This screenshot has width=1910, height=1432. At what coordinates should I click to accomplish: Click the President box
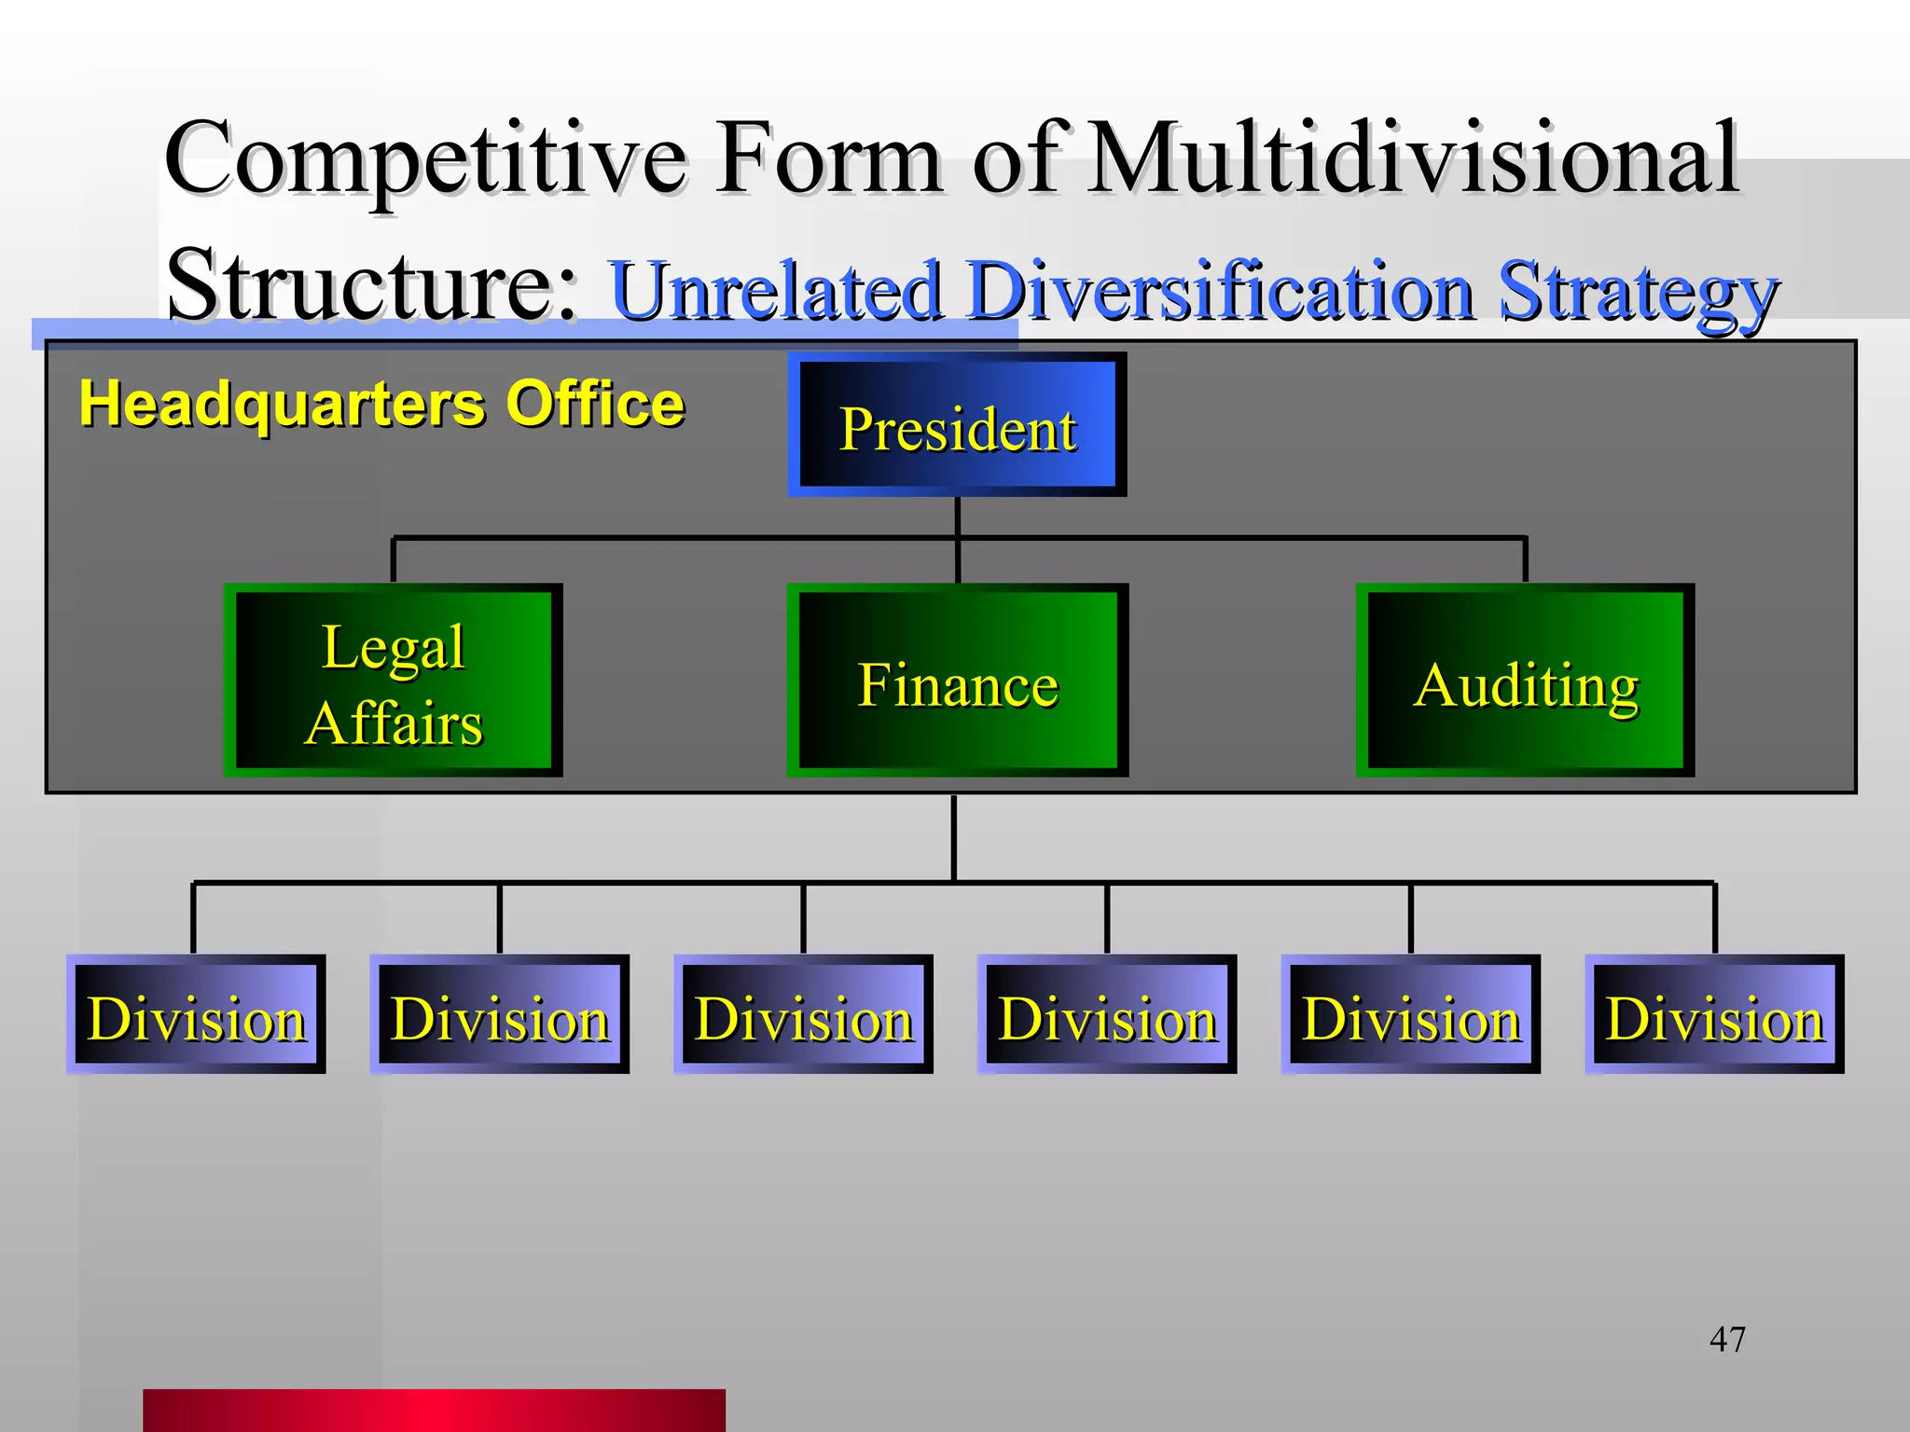coord(957,425)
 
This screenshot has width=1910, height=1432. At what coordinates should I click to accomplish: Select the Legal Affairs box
coord(393,682)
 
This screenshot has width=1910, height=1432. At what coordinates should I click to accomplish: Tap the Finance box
coord(957,682)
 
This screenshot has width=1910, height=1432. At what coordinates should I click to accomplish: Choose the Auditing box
coord(1525,682)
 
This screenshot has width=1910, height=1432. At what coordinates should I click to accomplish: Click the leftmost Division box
coord(196,1014)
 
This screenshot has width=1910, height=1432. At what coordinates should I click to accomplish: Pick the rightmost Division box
coord(1714,1014)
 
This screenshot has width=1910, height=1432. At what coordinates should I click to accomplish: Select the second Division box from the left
coord(500,1014)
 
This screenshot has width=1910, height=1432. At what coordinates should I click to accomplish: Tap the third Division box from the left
coord(803,1014)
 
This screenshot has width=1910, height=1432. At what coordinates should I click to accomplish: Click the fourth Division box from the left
coord(1107,1014)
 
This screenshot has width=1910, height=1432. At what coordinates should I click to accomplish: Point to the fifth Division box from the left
coord(1410,1014)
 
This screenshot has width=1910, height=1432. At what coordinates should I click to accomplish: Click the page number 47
coord(1726,1340)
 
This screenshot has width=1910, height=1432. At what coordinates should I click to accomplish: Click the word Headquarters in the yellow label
coord(282,406)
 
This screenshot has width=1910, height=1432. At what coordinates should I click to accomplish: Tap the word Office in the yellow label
coord(595,404)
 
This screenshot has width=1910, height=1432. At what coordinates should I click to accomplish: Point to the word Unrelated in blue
coord(775,291)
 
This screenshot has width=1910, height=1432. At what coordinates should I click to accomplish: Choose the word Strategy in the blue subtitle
coord(1638,293)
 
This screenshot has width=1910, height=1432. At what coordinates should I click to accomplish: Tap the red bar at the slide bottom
coord(434,1410)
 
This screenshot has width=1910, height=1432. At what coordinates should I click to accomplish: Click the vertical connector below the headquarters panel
coord(953,836)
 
